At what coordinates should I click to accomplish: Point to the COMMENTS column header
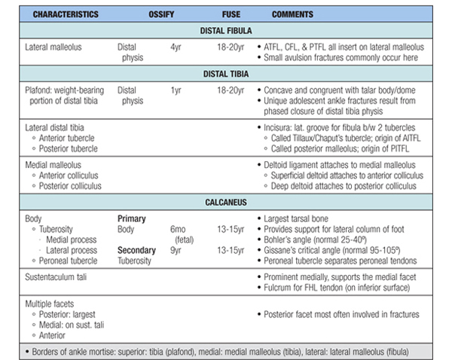point(292,14)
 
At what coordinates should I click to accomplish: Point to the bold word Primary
point(133,218)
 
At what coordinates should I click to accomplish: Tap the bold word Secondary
point(136,250)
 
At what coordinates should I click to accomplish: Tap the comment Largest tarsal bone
point(298,218)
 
